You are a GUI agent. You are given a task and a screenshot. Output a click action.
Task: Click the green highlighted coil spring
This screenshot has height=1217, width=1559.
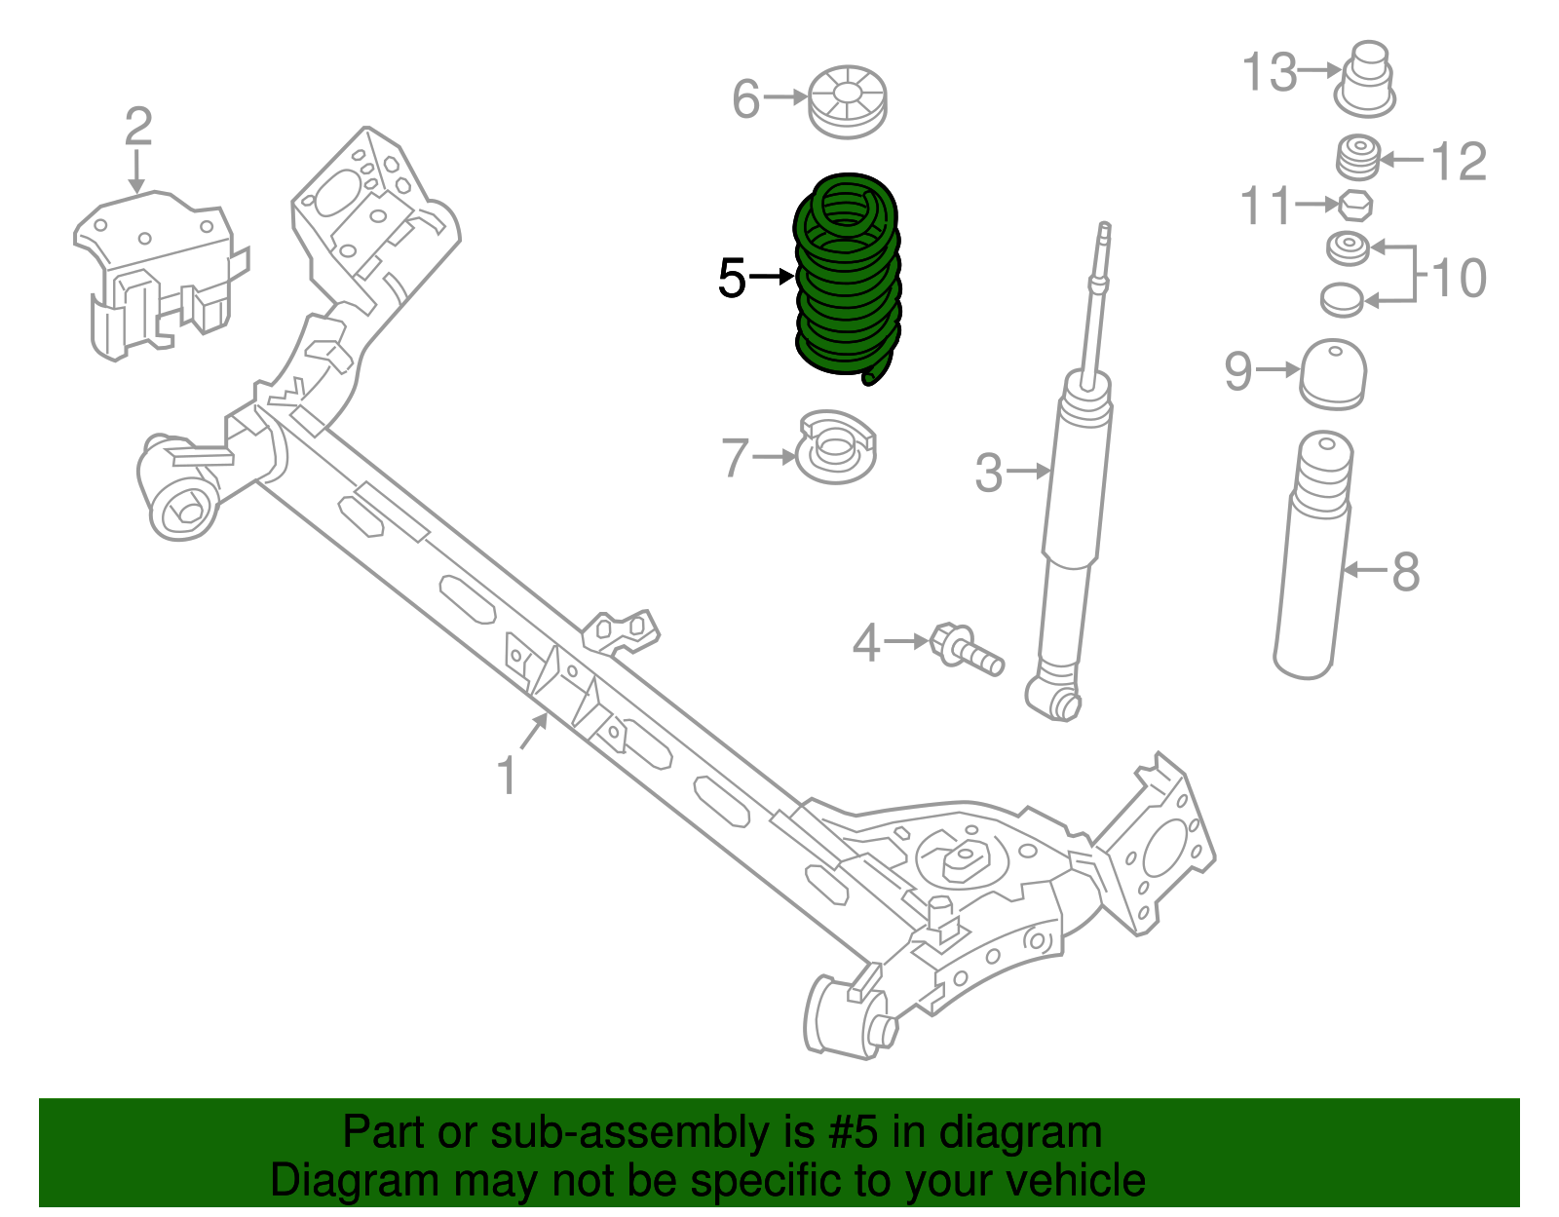tap(846, 283)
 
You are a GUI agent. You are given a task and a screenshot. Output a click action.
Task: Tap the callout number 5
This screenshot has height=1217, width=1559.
tap(732, 279)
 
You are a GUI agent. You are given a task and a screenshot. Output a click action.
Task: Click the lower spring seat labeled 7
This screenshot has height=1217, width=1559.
tap(836, 449)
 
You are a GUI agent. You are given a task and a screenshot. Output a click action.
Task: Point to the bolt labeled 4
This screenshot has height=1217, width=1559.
tap(965, 649)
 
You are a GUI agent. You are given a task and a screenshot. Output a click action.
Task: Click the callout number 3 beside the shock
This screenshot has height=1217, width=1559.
tap(988, 473)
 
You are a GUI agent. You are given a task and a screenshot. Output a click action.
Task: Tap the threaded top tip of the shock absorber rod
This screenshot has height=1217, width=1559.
tap(1104, 233)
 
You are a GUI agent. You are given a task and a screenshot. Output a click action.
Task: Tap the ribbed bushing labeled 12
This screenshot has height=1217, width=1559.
tap(1357, 158)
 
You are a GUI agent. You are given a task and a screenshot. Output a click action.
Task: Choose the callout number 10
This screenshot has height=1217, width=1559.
tap(1459, 279)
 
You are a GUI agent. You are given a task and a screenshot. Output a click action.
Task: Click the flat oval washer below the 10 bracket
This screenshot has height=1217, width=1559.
tap(1342, 299)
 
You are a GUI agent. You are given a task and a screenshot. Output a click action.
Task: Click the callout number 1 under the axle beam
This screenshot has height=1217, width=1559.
tap(506, 777)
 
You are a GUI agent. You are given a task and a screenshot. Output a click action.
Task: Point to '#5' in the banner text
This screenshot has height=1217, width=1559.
tap(854, 1132)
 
